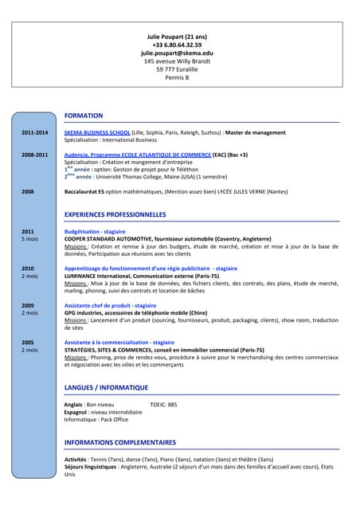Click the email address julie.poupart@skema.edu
tap(177, 53)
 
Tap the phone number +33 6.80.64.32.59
tap(177, 45)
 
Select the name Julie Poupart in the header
tap(177, 37)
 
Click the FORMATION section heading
tap(83, 116)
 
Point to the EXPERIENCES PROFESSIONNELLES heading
tap(115, 215)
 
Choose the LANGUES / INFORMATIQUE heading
tap(106, 387)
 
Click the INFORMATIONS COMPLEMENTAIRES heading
tap(119, 442)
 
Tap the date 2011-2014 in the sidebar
tap(34, 132)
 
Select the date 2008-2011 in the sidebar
tap(34, 155)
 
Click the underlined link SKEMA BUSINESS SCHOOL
tap(97, 132)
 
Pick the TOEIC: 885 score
tap(163, 405)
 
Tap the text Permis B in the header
tap(177, 77)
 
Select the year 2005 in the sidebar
tap(28, 343)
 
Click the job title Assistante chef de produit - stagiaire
tap(110, 305)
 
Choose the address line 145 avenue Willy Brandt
tap(177, 61)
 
